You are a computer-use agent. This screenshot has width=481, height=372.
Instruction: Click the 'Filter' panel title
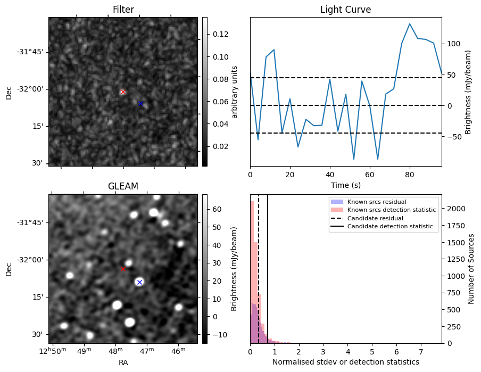click(123, 10)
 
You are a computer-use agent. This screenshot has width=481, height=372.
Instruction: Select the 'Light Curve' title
click(345, 10)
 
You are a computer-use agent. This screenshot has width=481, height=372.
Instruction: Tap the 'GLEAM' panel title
click(123, 186)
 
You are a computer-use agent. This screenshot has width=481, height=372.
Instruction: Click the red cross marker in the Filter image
click(123, 92)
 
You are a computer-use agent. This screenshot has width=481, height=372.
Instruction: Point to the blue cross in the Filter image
click(140, 104)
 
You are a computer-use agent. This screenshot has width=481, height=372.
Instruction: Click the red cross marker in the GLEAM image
click(123, 269)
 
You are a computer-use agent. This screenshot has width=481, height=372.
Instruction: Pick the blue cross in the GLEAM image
click(139, 282)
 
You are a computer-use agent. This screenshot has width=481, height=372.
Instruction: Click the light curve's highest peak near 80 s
click(410, 24)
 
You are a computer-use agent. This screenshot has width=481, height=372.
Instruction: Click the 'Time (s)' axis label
click(345, 185)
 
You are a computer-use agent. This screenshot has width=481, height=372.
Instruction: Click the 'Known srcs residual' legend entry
click(376, 202)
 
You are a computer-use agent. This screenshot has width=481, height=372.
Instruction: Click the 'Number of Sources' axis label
click(471, 269)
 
